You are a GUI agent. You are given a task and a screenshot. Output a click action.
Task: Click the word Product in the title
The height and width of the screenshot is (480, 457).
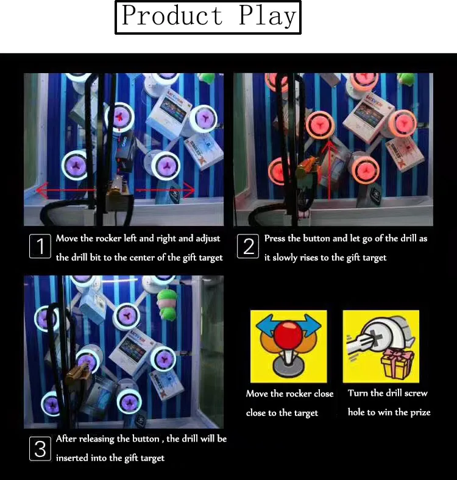pyautogui.click(x=172, y=16)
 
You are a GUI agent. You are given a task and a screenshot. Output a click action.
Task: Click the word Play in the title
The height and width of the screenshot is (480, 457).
pyautogui.click(x=267, y=16)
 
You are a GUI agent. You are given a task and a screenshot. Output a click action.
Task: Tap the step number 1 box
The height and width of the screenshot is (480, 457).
pyautogui.click(x=40, y=247)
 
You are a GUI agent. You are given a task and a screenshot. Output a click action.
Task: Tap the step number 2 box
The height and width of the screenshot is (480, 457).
pyautogui.click(x=249, y=247)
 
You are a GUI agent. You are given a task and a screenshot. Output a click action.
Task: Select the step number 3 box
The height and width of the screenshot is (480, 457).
pyautogui.click(x=40, y=449)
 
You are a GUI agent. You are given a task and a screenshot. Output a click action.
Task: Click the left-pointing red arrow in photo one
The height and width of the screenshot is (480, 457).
pyautogui.click(x=61, y=191)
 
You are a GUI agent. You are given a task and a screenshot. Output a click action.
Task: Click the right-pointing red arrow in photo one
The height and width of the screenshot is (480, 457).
pyautogui.click(x=168, y=191)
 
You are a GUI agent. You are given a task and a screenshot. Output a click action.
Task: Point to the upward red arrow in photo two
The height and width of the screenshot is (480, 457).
pyautogui.click(x=330, y=171)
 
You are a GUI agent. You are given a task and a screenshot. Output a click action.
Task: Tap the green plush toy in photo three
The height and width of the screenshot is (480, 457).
pyautogui.click(x=167, y=303)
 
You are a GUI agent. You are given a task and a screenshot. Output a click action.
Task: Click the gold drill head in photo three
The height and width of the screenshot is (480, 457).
pyautogui.click(x=80, y=372)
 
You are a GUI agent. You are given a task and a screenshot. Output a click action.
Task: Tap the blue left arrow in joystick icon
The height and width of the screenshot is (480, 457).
pyautogui.click(x=264, y=325)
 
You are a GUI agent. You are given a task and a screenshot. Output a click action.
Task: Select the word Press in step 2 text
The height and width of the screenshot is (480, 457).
pyautogui.click(x=274, y=239)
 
